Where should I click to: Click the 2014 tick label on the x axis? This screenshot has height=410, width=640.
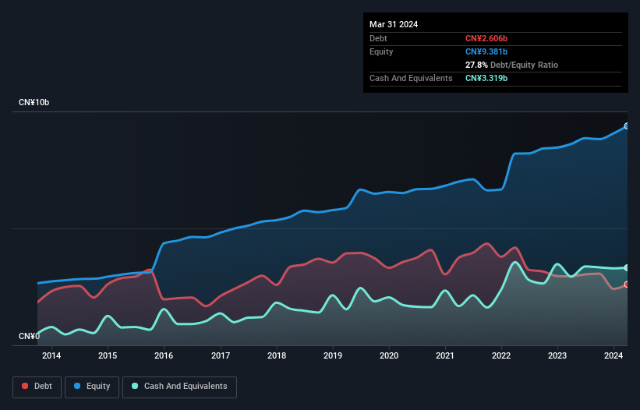point(51,356)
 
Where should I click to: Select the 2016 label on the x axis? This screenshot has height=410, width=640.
point(164,356)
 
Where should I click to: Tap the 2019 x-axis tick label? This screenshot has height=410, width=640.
point(333,356)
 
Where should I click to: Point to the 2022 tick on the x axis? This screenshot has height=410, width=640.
point(501,356)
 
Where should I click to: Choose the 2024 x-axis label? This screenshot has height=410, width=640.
point(613,356)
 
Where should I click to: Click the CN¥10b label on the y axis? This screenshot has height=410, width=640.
point(36,103)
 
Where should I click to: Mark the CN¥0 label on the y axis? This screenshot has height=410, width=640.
point(28,336)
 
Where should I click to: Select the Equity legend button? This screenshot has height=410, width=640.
point(91,386)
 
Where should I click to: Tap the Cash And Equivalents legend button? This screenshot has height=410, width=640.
point(179,386)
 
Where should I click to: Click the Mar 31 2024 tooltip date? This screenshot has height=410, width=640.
point(394,24)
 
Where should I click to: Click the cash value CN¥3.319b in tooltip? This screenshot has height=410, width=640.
point(486,78)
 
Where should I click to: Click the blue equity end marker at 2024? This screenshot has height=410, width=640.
point(626,125)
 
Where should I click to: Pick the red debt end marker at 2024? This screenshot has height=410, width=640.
point(626,285)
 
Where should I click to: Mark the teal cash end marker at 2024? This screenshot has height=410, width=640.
point(626,267)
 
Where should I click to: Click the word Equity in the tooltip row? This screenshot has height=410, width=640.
point(381,51)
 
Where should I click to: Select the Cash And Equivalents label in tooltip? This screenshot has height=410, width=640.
point(411,78)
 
